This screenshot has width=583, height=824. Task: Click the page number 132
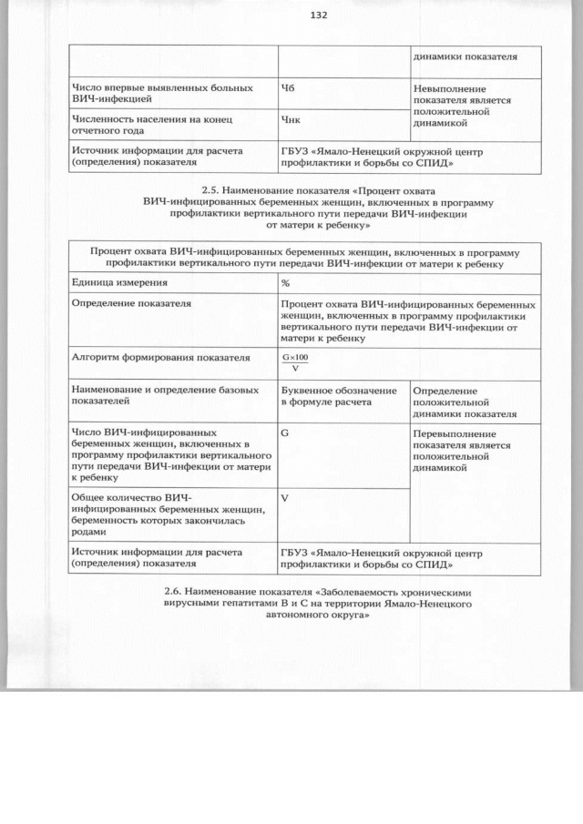(318, 15)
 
